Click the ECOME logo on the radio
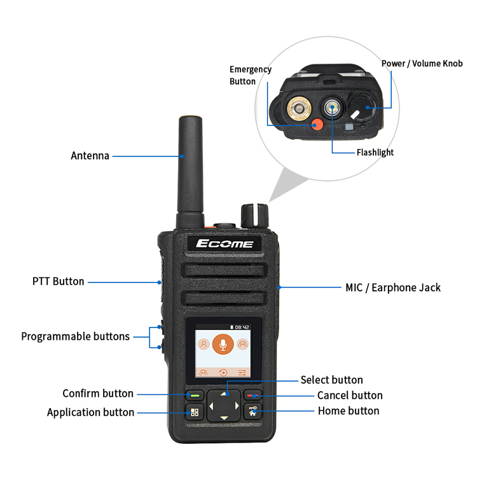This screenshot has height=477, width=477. pos(225,244)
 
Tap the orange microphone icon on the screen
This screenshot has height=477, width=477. pos(223,344)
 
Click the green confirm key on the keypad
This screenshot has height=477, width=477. pos(195,396)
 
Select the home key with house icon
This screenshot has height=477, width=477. pos(252,411)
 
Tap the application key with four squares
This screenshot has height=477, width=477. pos(195,412)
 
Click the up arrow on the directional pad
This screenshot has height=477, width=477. pos(224,394)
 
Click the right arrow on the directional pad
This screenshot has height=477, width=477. pos(237,406)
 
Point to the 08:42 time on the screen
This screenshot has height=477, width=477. pos(242,328)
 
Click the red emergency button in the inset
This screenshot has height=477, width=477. pos(317,124)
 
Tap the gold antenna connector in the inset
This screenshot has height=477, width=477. pos(299,108)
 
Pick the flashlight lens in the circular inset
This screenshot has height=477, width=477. pos(332,107)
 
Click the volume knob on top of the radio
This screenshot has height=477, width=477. pos(255,216)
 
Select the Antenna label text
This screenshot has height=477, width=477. pos(90,156)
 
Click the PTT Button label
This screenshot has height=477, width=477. pos(58,281)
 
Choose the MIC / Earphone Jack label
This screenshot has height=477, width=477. pos(393,287)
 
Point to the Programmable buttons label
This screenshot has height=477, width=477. pos(76,336)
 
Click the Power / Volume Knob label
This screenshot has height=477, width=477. pos(422,64)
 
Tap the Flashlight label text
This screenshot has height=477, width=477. pos(375,153)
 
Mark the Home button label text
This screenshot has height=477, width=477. pos(349,411)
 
